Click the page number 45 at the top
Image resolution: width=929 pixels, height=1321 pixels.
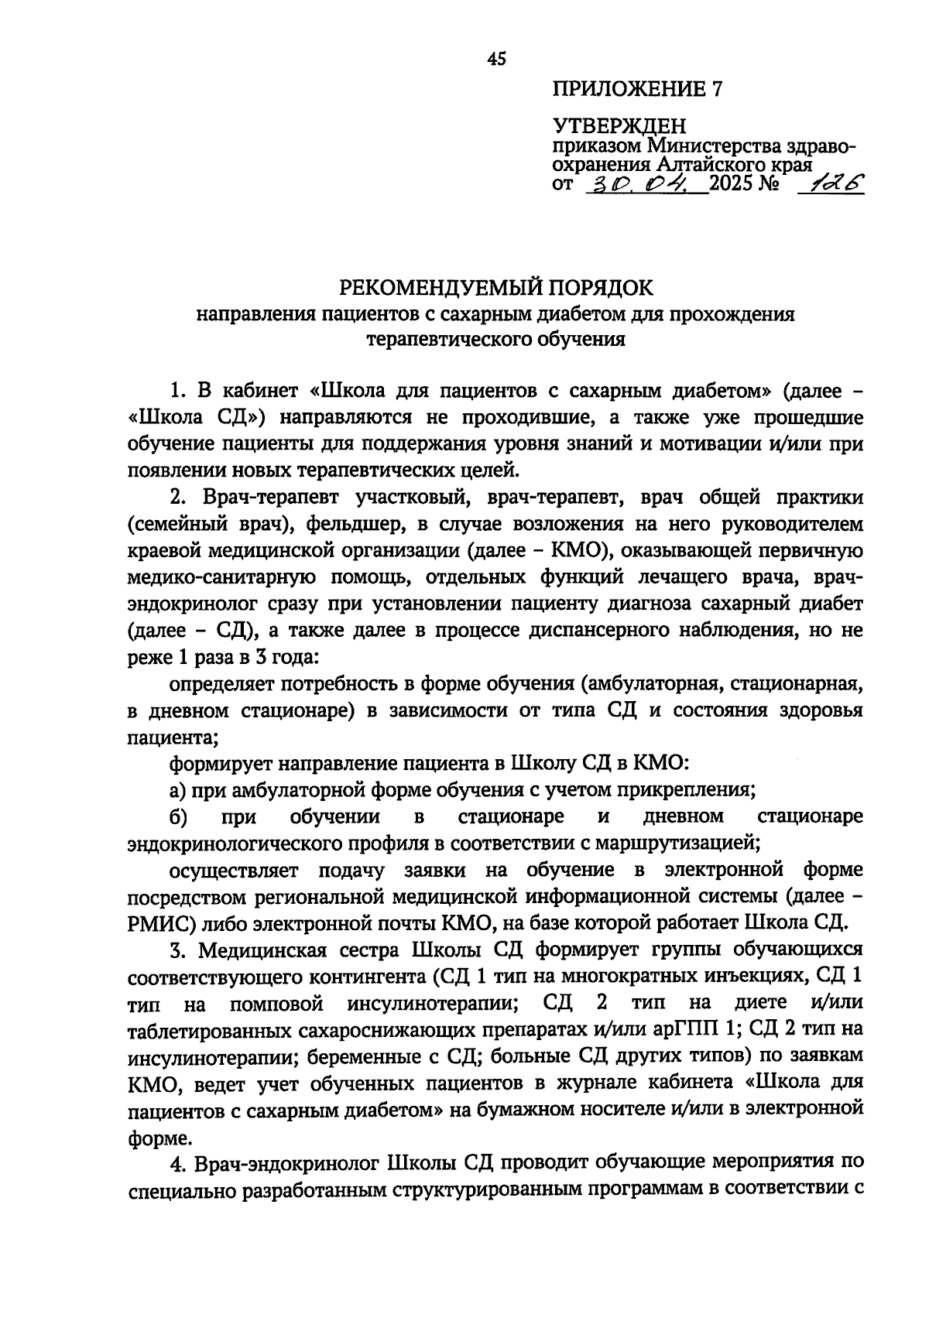point(496,58)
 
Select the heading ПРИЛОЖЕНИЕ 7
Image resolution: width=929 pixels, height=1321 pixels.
point(637,90)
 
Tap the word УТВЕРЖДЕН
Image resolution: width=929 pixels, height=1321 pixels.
point(619,125)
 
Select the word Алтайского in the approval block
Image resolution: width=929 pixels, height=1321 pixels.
point(719,165)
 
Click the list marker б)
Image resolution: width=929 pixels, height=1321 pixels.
point(177,817)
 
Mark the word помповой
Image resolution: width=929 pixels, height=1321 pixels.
point(276,1004)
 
